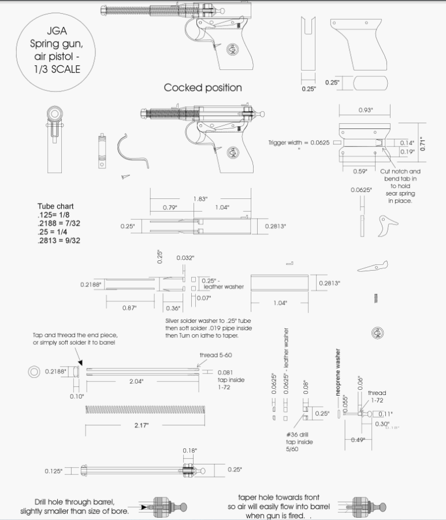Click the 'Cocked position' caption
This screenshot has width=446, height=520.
pos(203,87)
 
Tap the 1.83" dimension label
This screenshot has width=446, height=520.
pos(200,199)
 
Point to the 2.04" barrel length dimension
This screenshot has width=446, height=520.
pos(136,381)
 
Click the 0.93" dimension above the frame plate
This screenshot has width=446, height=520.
pos(365,110)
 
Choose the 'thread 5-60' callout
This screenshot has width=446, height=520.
pos(215,355)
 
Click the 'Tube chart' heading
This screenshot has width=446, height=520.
pos(55,206)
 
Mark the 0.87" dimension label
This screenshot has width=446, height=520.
pos(129,308)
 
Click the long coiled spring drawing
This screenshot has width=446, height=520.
pos(145,410)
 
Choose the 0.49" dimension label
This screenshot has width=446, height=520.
pos(360,440)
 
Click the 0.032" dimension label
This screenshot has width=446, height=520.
pos(185,257)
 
